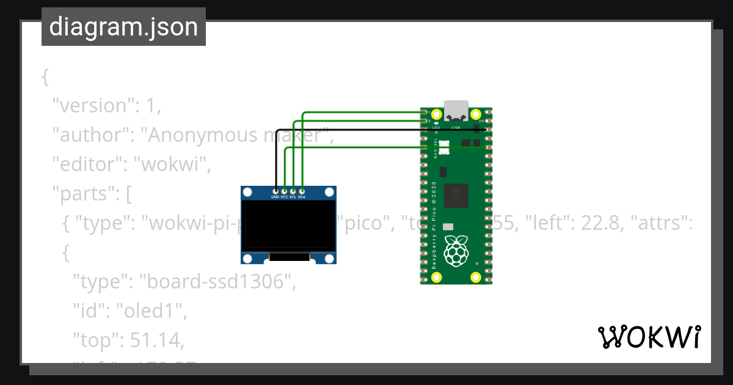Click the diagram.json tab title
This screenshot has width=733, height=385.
pyautogui.click(x=123, y=27)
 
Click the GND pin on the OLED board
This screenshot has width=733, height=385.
pyautogui.click(x=275, y=192)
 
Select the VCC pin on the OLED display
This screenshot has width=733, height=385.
pyautogui.click(x=284, y=192)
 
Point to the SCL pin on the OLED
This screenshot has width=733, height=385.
pyautogui.click(x=293, y=192)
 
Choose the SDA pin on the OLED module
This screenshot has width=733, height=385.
pyautogui.click(x=302, y=192)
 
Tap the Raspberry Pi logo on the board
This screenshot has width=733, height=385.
pyautogui.click(x=456, y=251)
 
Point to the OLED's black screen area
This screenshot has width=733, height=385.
pyautogui.click(x=288, y=226)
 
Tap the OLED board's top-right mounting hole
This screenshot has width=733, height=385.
pyautogui.click(x=329, y=193)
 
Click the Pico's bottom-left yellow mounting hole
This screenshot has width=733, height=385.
pyautogui.click(x=436, y=277)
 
